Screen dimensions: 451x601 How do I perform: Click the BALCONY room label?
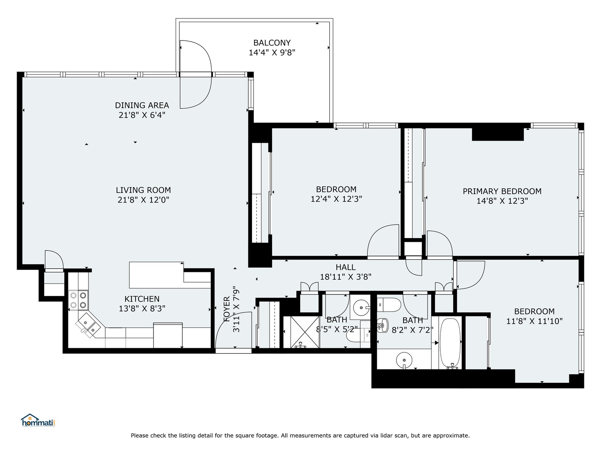(x=272, y=43)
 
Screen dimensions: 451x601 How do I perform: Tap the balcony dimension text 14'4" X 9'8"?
(x=272, y=53)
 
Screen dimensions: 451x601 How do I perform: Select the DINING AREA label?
(x=142, y=105)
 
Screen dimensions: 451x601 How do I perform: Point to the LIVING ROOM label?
(x=143, y=190)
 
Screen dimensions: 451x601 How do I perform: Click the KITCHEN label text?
(x=142, y=299)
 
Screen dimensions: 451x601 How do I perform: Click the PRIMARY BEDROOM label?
(x=502, y=191)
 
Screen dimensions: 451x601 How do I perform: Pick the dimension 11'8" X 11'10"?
(x=534, y=321)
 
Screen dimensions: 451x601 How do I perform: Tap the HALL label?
(x=346, y=267)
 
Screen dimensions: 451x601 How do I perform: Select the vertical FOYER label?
(x=227, y=309)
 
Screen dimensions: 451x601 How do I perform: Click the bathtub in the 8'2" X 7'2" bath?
(x=450, y=343)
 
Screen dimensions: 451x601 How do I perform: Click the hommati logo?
(x=38, y=420)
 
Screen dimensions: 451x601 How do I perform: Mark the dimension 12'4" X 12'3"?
(x=336, y=199)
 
